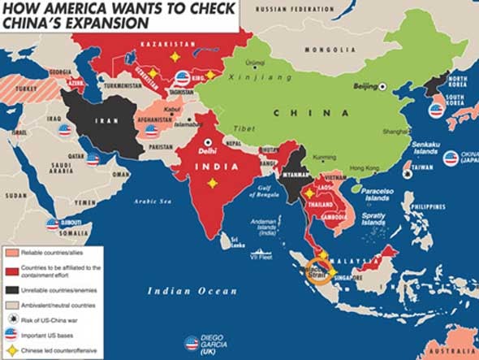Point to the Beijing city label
pos(366,85)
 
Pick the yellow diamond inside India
pos(213,183)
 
